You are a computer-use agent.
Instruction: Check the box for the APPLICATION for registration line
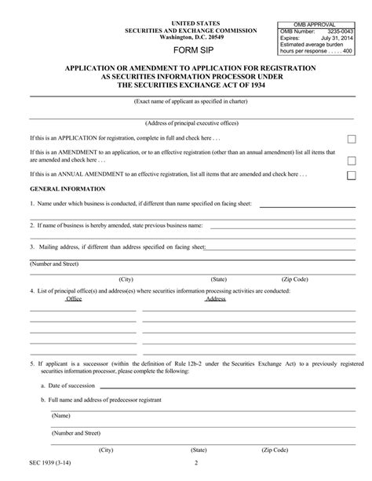[352, 138]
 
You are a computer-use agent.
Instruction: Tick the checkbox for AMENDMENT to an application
[352, 157]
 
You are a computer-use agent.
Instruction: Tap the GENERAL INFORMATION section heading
[67, 189]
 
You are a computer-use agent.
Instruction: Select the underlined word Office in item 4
[74, 299]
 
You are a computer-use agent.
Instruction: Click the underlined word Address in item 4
[216, 299]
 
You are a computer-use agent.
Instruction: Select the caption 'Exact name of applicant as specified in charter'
[187, 102]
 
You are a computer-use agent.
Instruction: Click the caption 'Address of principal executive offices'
[186, 123]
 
